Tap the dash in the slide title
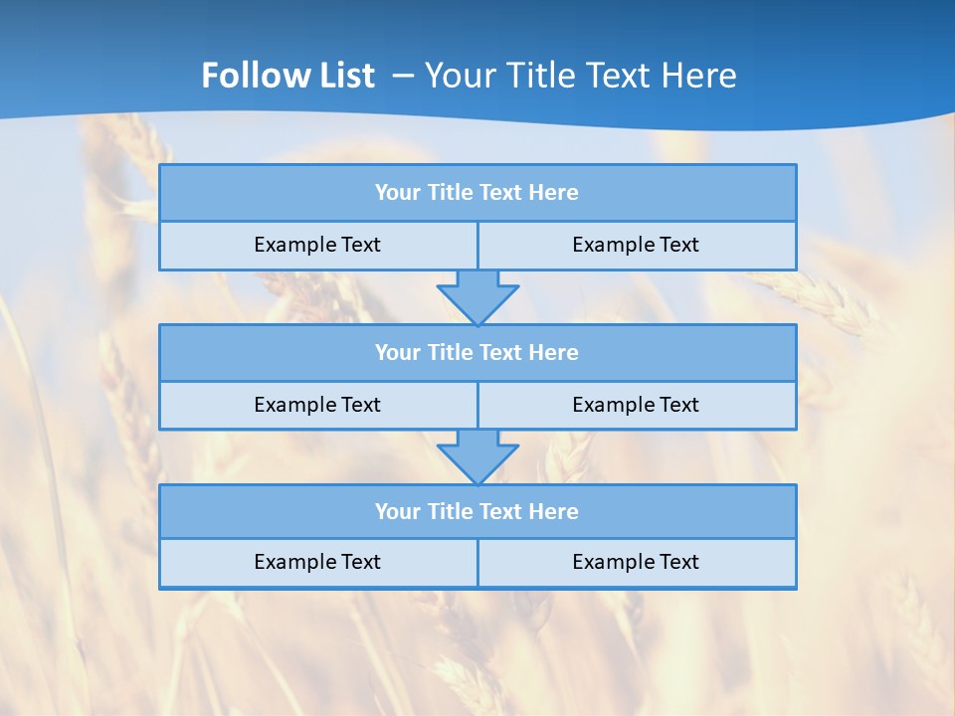404,76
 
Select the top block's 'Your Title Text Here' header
477,193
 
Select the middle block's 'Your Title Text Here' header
477,352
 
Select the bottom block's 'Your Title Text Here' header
477,511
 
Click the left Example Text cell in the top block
317,245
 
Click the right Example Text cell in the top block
636,245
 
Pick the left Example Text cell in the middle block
317,405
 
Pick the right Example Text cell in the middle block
636,405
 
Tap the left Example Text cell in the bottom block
317,562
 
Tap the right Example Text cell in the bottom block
636,562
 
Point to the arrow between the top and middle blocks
477,296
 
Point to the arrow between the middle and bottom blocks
477,456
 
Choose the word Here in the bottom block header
553,511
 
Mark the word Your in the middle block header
397,352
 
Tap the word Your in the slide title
456,76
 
